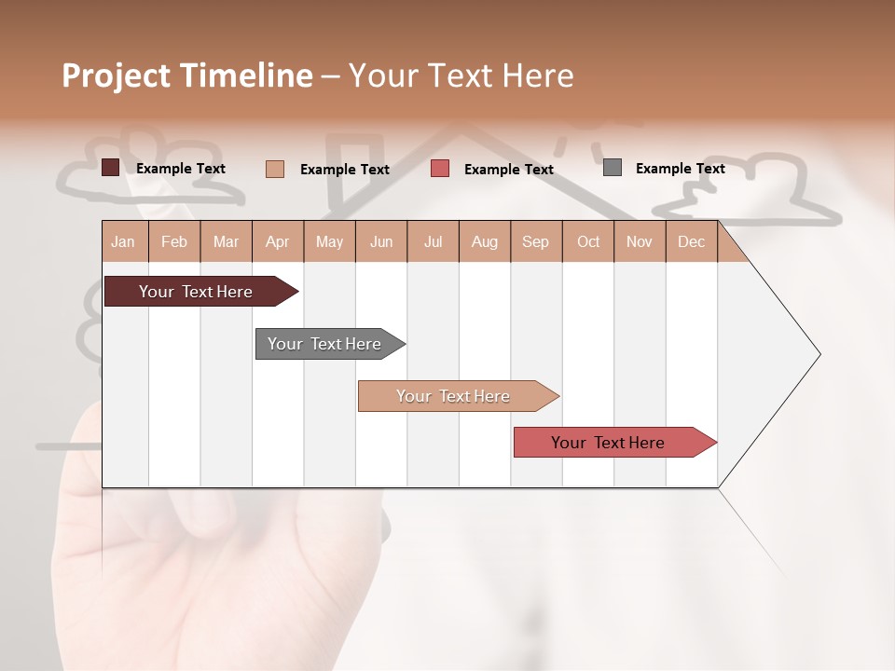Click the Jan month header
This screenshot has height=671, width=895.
tap(124, 241)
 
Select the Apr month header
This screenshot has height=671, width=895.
tap(278, 241)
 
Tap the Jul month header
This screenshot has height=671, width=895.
tap(434, 241)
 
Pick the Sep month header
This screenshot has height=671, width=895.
tap(536, 241)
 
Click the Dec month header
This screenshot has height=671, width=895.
tap(692, 241)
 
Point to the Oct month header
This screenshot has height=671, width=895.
tap(588, 241)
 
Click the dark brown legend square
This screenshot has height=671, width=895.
tap(110, 168)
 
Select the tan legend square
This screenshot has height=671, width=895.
tap(274, 169)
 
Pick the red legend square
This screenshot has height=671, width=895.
tap(440, 169)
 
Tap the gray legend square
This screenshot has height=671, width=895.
tap(612, 168)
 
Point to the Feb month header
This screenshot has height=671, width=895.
tap(174, 241)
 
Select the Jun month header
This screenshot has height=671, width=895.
tap(381, 241)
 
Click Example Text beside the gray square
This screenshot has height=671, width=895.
tap(680, 169)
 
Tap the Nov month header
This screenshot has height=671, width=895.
tap(640, 241)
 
